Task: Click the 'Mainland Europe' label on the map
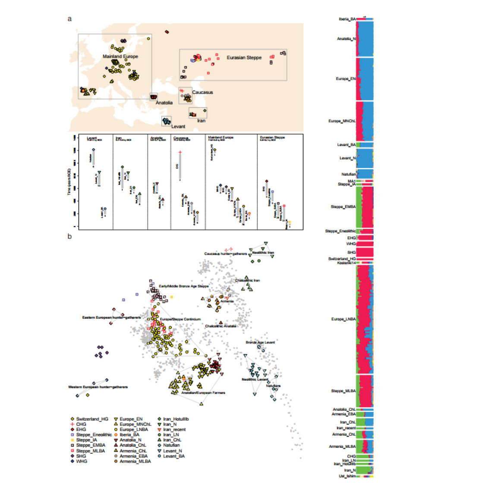(x=120, y=56)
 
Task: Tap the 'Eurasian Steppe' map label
(x=244, y=57)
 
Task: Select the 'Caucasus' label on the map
(x=202, y=92)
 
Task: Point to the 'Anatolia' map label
(x=164, y=103)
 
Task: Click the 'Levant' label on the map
(x=178, y=126)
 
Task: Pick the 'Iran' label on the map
(x=201, y=121)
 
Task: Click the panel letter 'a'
(x=69, y=19)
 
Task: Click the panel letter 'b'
(x=69, y=236)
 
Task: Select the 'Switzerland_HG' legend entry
(x=92, y=419)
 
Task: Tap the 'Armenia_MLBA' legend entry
(x=135, y=461)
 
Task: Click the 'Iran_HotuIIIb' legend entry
(x=176, y=419)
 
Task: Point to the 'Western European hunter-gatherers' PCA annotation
(x=98, y=387)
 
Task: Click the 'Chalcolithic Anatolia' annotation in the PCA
(x=221, y=326)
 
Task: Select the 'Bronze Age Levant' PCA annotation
(x=260, y=343)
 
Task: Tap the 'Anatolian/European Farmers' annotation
(x=203, y=393)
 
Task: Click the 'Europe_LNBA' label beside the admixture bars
(x=343, y=319)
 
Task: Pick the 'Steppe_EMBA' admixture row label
(x=343, y=207)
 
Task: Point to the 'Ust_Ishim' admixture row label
(x=347, y=476)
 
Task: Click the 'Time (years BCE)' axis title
(x=69, y=181)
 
